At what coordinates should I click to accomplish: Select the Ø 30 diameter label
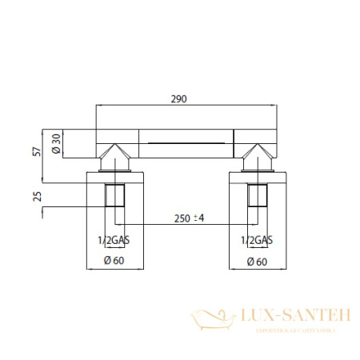(x=56, y=142)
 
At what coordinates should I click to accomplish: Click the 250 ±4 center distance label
(x=187, y=218)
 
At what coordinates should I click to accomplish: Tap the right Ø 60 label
(x=258, y=262)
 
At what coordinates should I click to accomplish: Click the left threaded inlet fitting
(x=116, y=197)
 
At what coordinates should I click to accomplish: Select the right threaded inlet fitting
(x=258, y=197)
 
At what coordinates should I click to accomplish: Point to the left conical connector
(x=116, y=154)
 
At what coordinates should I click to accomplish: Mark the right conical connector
(x=258, y=154)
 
